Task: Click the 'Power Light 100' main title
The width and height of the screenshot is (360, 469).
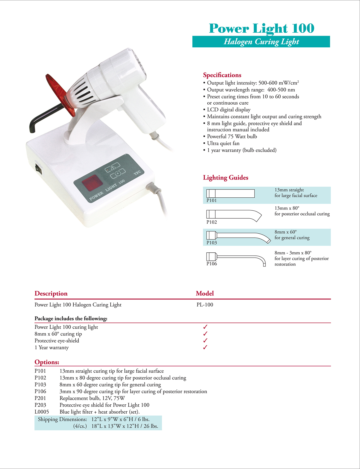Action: (x=261, y=28)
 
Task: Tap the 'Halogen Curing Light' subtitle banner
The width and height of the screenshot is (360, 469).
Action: (x=261, y=42)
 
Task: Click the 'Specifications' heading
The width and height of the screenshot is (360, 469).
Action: (x=222, y=75)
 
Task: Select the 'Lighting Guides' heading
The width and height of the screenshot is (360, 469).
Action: (x=226, y=178)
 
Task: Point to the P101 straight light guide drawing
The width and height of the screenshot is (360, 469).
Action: (x=230, y=193)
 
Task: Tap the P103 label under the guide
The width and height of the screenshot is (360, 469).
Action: (x=212, y=243)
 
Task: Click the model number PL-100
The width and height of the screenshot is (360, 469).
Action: (x=205, y=305)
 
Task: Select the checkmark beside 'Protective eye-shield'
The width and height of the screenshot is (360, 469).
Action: (x=205, y=341)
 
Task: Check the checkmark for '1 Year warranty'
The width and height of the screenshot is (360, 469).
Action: (x=205, y=347)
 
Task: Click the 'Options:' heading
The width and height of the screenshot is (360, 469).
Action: (x=47, y=362)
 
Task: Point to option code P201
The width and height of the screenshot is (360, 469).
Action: (x=40, y=398)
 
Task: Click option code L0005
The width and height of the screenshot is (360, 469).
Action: (x=42, y=412)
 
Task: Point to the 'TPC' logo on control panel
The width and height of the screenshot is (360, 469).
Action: (x=137, y=173)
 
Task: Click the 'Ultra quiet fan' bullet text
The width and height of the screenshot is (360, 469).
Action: (x=223, y=143)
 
